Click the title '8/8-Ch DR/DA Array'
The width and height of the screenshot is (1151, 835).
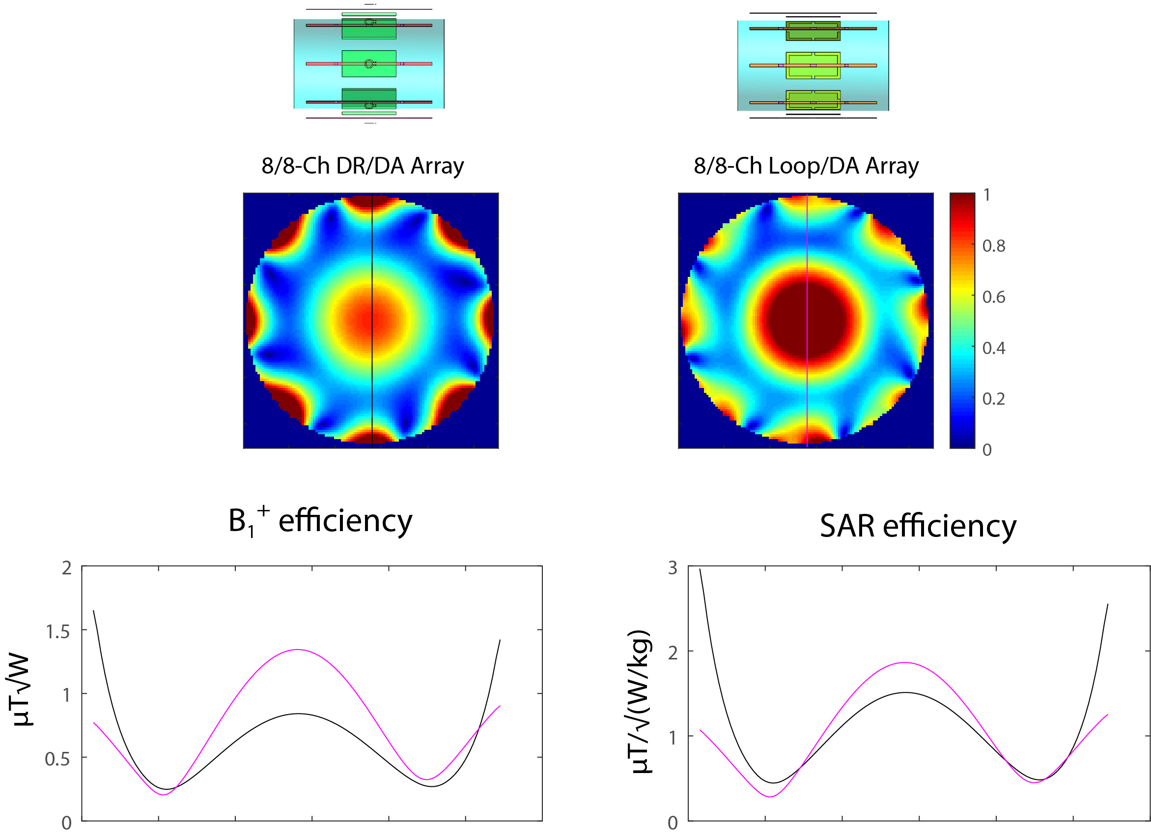[x=363, y=166]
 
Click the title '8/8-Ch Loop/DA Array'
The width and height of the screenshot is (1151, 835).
[x=806, y=166]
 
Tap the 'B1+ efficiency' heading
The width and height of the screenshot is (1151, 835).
[x=320, y=521]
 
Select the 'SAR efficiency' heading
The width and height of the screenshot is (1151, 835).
[x=918, y=526]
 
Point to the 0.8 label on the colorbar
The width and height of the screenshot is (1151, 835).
[x=994, y=246]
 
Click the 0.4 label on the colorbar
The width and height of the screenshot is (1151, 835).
[x=994, y=349]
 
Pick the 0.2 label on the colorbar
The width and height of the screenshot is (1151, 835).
[x=994, y=399]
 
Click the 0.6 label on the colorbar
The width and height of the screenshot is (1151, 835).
[x=994, y=297]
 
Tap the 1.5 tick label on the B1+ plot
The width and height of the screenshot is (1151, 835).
[x=58, y=632]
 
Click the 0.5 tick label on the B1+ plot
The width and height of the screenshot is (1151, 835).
[x=58, y=759]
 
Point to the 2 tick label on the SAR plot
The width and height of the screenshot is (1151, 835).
[x=673, y=653]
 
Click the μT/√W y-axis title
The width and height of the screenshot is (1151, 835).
[x=23, y=692]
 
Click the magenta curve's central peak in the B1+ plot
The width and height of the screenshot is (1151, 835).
[x=298, y=650]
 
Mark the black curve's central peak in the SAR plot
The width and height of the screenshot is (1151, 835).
[x=906, y=693]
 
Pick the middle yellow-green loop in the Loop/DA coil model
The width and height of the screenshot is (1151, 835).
[x=813, y=65]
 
